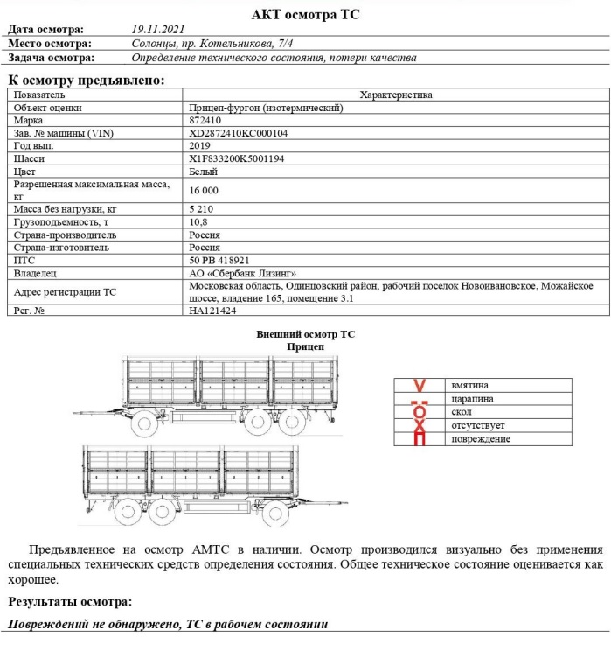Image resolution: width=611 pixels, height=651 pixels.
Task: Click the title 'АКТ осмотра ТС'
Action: pos(305,14)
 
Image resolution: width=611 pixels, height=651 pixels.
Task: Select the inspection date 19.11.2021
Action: pos(158,30)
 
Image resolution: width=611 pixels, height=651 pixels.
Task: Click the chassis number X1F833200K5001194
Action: pos(237,159)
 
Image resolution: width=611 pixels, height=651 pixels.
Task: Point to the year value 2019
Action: pos(200,146)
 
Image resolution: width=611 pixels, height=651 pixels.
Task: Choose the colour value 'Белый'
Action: pos(204,172)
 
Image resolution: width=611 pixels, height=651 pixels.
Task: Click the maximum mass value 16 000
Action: pos(204,190)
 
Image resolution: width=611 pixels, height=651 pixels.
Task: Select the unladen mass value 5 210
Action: pos(202,209)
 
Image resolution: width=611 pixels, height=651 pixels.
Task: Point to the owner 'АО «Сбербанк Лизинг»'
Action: pos(243,274)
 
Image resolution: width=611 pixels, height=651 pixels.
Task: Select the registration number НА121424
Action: pos(212,311)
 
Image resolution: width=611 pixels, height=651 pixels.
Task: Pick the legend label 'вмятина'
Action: pos(469,385)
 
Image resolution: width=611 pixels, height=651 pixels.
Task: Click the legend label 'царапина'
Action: pos(472,398)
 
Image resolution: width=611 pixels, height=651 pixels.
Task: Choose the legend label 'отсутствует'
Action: pos(477,425)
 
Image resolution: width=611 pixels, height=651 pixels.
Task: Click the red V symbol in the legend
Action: pos(419,385)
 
